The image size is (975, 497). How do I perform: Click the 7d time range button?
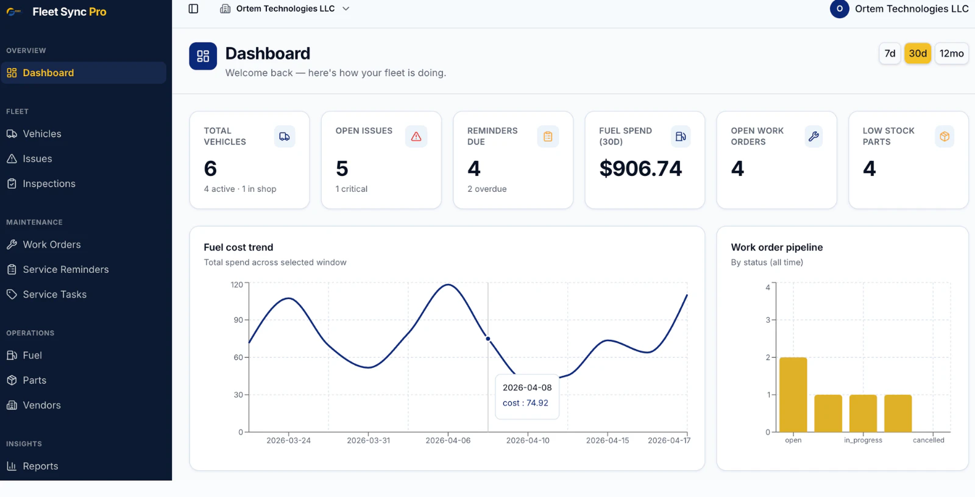pos(890,54)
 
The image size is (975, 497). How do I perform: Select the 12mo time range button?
pos(951,54)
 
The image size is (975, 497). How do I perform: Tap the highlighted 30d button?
pos(918,54)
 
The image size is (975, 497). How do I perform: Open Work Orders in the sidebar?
pos(52,244)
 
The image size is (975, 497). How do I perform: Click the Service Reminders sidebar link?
pos(66,269)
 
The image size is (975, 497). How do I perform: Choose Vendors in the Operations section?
pos(41,405)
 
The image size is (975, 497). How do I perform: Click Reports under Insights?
pos(40,466)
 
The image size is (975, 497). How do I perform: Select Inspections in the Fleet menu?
pos(49,183)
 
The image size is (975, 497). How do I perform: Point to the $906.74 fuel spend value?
pos(640,169)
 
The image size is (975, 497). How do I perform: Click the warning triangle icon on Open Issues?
pos(416,136)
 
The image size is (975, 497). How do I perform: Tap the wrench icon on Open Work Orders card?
pos(814,136)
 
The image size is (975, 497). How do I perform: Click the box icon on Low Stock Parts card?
pos(945,136)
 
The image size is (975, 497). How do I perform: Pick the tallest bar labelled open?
pos(793,394)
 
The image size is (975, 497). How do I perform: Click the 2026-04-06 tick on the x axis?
pos(448,440)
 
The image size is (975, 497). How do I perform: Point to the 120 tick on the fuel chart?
pos(237,284)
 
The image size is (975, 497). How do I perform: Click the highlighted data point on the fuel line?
pos(488,339)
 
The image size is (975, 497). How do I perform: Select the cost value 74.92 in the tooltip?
pos(537,403)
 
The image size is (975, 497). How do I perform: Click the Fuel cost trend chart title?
pos(238,247)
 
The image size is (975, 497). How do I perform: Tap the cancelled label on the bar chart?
pos(928,440)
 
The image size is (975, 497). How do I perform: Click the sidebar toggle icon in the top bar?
pos(193,9)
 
